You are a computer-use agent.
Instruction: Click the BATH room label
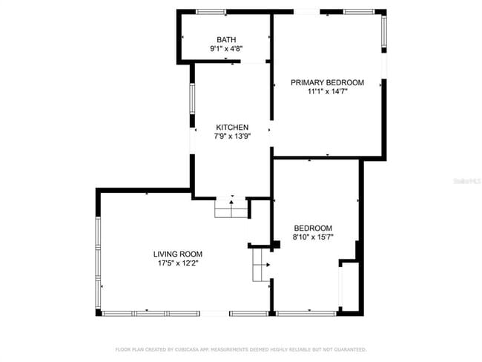226,39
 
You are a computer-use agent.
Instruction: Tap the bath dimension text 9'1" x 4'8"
226,49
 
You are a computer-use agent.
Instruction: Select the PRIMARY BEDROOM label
327,82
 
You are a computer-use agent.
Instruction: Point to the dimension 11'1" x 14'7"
327,92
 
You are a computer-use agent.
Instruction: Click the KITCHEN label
232,127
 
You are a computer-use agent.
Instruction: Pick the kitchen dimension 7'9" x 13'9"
232,136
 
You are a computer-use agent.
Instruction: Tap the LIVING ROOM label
177,254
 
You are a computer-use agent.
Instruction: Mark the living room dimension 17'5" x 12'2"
177,263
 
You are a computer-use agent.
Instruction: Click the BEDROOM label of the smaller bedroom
313,228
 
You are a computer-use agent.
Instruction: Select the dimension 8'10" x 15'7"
313,237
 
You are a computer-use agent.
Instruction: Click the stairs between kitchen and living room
231,209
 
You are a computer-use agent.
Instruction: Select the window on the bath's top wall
211,12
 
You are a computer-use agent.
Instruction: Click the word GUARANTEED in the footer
348,349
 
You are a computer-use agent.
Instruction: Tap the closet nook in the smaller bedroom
349,286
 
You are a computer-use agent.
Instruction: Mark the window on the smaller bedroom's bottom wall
306,313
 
